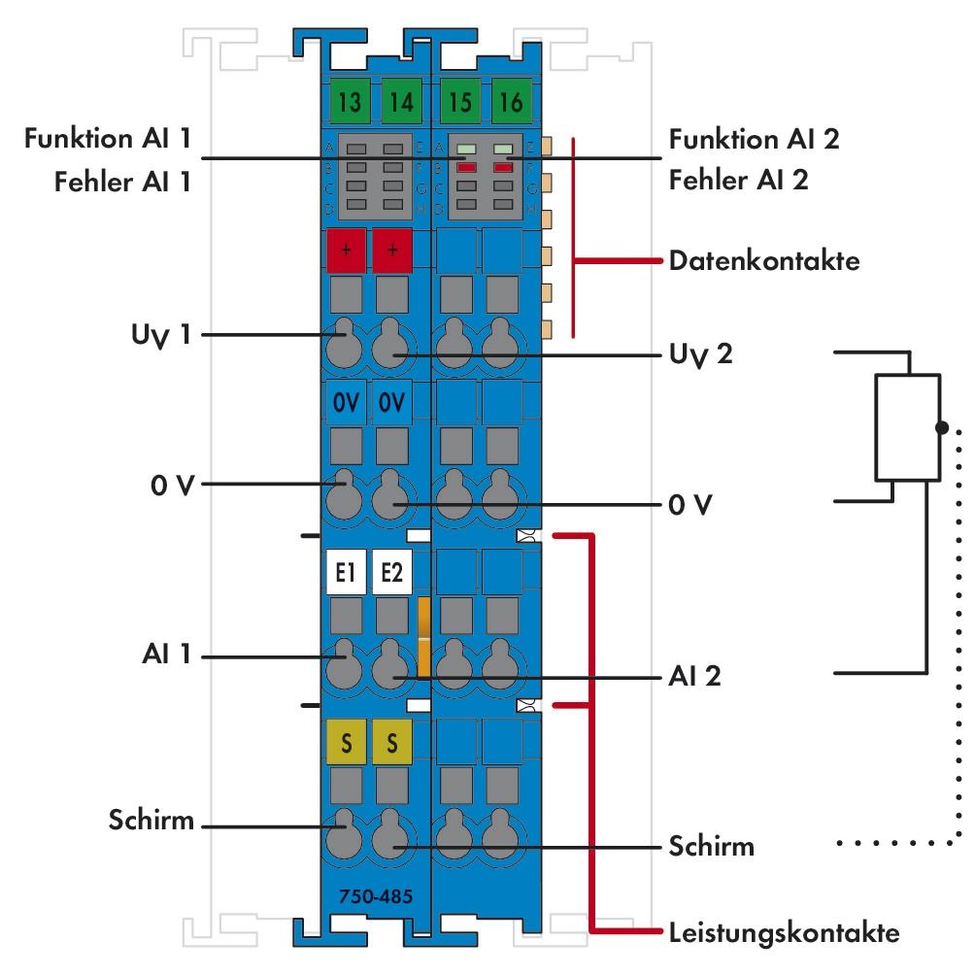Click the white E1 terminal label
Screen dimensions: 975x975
(346, 573)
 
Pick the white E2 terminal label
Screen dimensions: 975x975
(391, 573)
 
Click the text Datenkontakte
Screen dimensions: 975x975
(763, 261)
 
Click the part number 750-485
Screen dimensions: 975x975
(375, 895)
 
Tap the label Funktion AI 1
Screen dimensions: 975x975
(107, 140)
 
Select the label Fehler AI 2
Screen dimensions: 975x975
(738, 180)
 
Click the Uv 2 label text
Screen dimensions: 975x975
(701, 354)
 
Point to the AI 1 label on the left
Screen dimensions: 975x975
(161, 656)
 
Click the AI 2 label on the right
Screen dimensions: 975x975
(694, 676)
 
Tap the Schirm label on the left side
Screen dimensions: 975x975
(151, 824)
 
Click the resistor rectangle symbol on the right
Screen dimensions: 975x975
(907, 426)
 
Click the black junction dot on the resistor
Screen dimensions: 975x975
(940, 427)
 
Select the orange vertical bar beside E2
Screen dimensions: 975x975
(423, 636)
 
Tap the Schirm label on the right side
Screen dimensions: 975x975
(711, 845)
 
